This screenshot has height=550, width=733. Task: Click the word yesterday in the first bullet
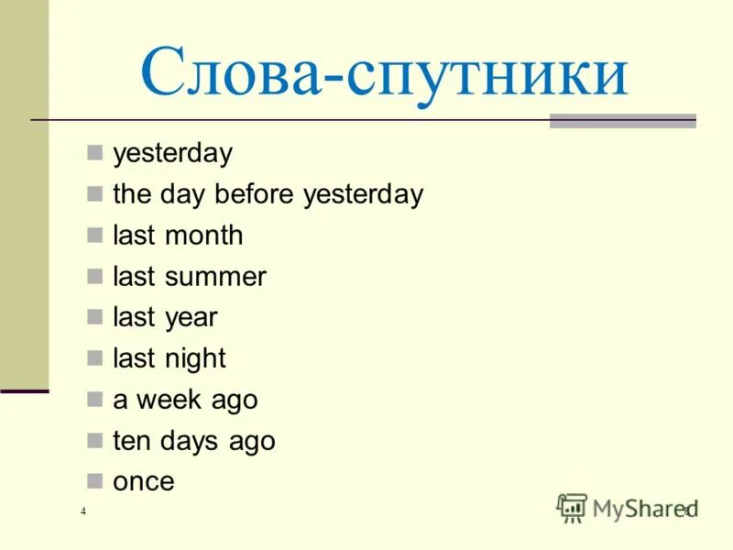tap(172, 154)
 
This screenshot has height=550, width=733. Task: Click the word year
tap(191, 318)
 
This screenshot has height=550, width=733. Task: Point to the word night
tap(195, 359)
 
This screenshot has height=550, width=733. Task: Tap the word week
tap(168, 401)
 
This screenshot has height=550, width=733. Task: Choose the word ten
tap(129, 441)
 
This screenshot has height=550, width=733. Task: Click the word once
tap(143, 482)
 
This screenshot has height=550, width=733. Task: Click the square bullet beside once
tap(94, 479)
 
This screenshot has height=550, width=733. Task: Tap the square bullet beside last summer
tap(94, 275)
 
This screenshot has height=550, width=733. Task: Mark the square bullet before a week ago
tap(94, 398)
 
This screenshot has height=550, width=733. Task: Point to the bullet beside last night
tap(94, 357)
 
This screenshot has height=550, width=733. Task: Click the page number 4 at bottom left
tap(83, 511)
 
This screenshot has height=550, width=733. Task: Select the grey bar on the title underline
tap(622, 121)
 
